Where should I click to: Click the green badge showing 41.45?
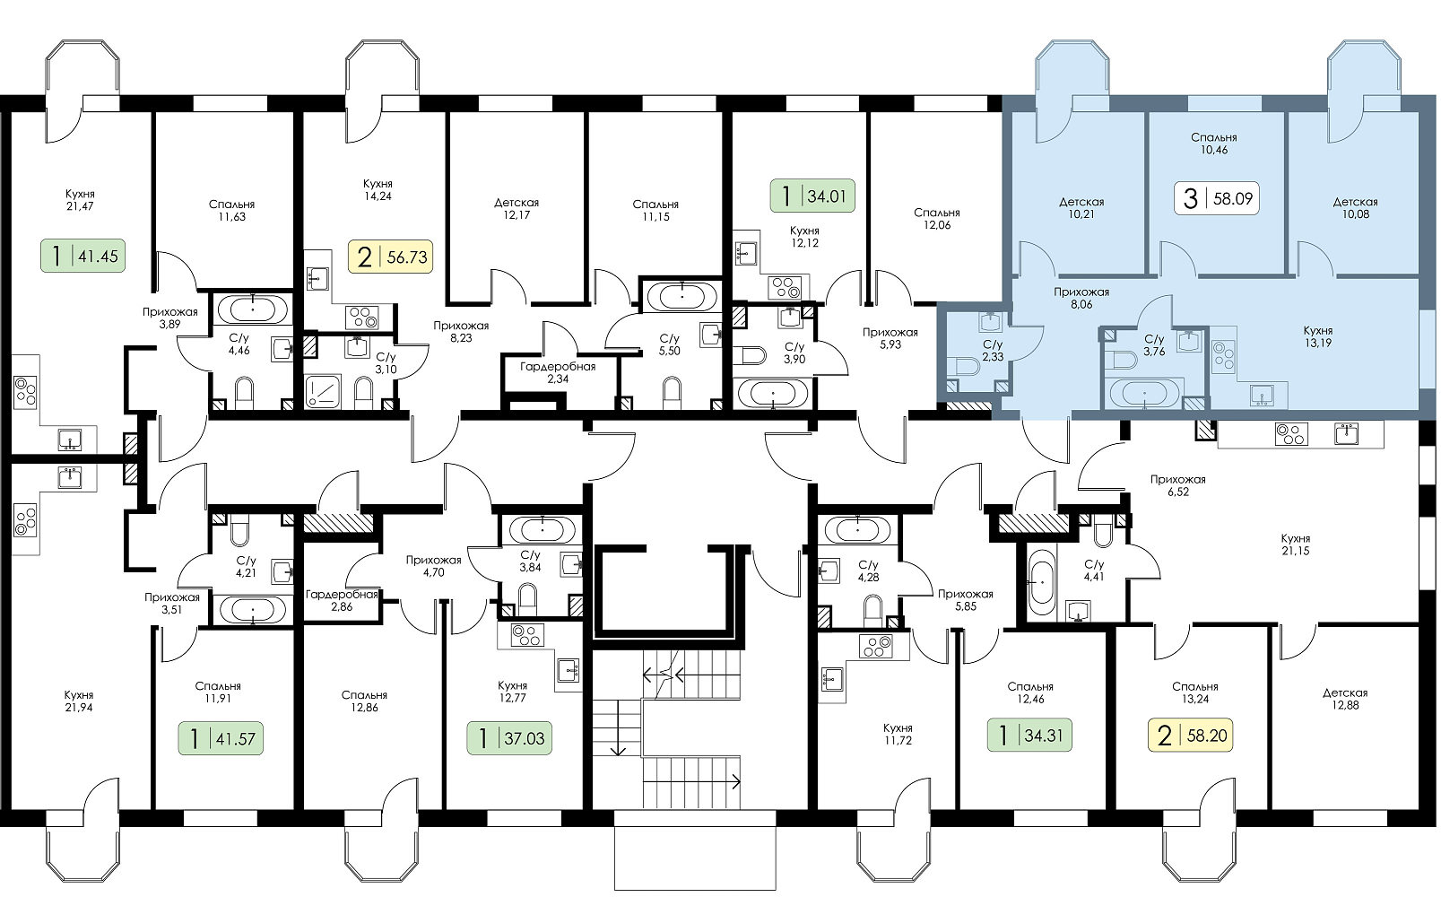(x=83, y=256)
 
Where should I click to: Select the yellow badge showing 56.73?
(x=391, y=257)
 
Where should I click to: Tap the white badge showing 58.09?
(x=1217, y=198)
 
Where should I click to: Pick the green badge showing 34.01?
(x=812, y=195)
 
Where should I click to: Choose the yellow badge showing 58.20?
(x=1191, y=735)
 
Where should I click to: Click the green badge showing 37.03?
(x=509, y=738)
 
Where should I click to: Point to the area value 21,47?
(x=81, y=206)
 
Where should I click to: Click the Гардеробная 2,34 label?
(x=558, y=372)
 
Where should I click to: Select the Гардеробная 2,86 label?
(x=342, y=600)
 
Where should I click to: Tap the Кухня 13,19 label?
(x=1318, y=336)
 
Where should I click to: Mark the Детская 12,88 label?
(x=1345, y=699)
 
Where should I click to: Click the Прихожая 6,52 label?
(x=1178, y=485)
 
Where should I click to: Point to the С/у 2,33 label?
(x=993, y=350)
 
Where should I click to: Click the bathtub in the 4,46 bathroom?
(x=252, y=310)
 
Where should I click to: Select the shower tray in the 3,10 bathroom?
(x=322, y=391)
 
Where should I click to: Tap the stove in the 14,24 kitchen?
(x=361, y=318)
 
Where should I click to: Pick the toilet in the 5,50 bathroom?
(x=672, y=393)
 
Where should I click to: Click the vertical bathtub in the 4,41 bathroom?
(x=1040, y=581)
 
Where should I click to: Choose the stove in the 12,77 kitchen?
(x=527, y=635)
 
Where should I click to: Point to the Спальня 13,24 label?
(x=1195, y=693)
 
